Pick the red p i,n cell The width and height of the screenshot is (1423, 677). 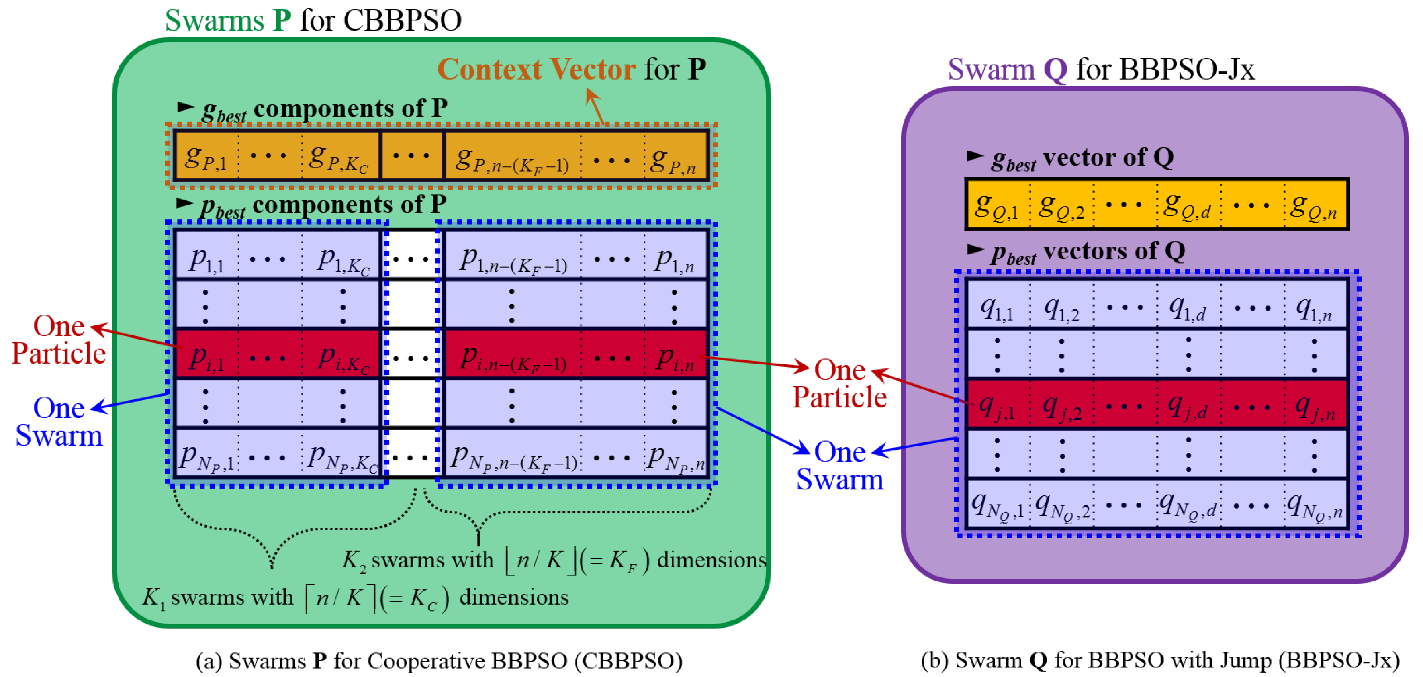tap(675, 358)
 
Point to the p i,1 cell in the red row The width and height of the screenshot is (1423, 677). tap(206, 358)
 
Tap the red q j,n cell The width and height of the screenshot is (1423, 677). tap(1315, 408)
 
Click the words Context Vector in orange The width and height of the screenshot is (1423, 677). tap(536, 70)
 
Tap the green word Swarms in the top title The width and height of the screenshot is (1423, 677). tap(215, 21)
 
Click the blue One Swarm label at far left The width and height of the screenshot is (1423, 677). tap(59, 422)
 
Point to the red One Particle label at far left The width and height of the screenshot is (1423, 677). tap(59, 340)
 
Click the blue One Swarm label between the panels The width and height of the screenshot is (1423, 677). tap(840, 466)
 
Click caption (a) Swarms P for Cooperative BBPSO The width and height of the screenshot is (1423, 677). tap(439, 661)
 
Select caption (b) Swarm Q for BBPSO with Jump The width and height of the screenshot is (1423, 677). tap(1160, 661)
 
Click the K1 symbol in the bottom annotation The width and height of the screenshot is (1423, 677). tap(153, 598)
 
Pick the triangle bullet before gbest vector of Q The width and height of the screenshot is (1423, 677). tap(975, 156)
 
